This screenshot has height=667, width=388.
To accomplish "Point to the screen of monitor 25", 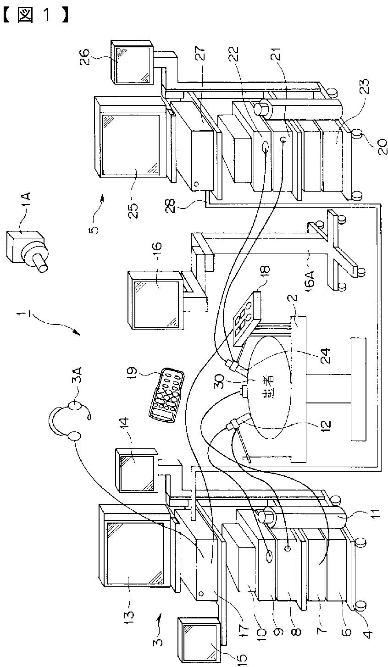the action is point(131,145).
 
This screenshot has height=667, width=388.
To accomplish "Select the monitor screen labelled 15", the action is point(200,636).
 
